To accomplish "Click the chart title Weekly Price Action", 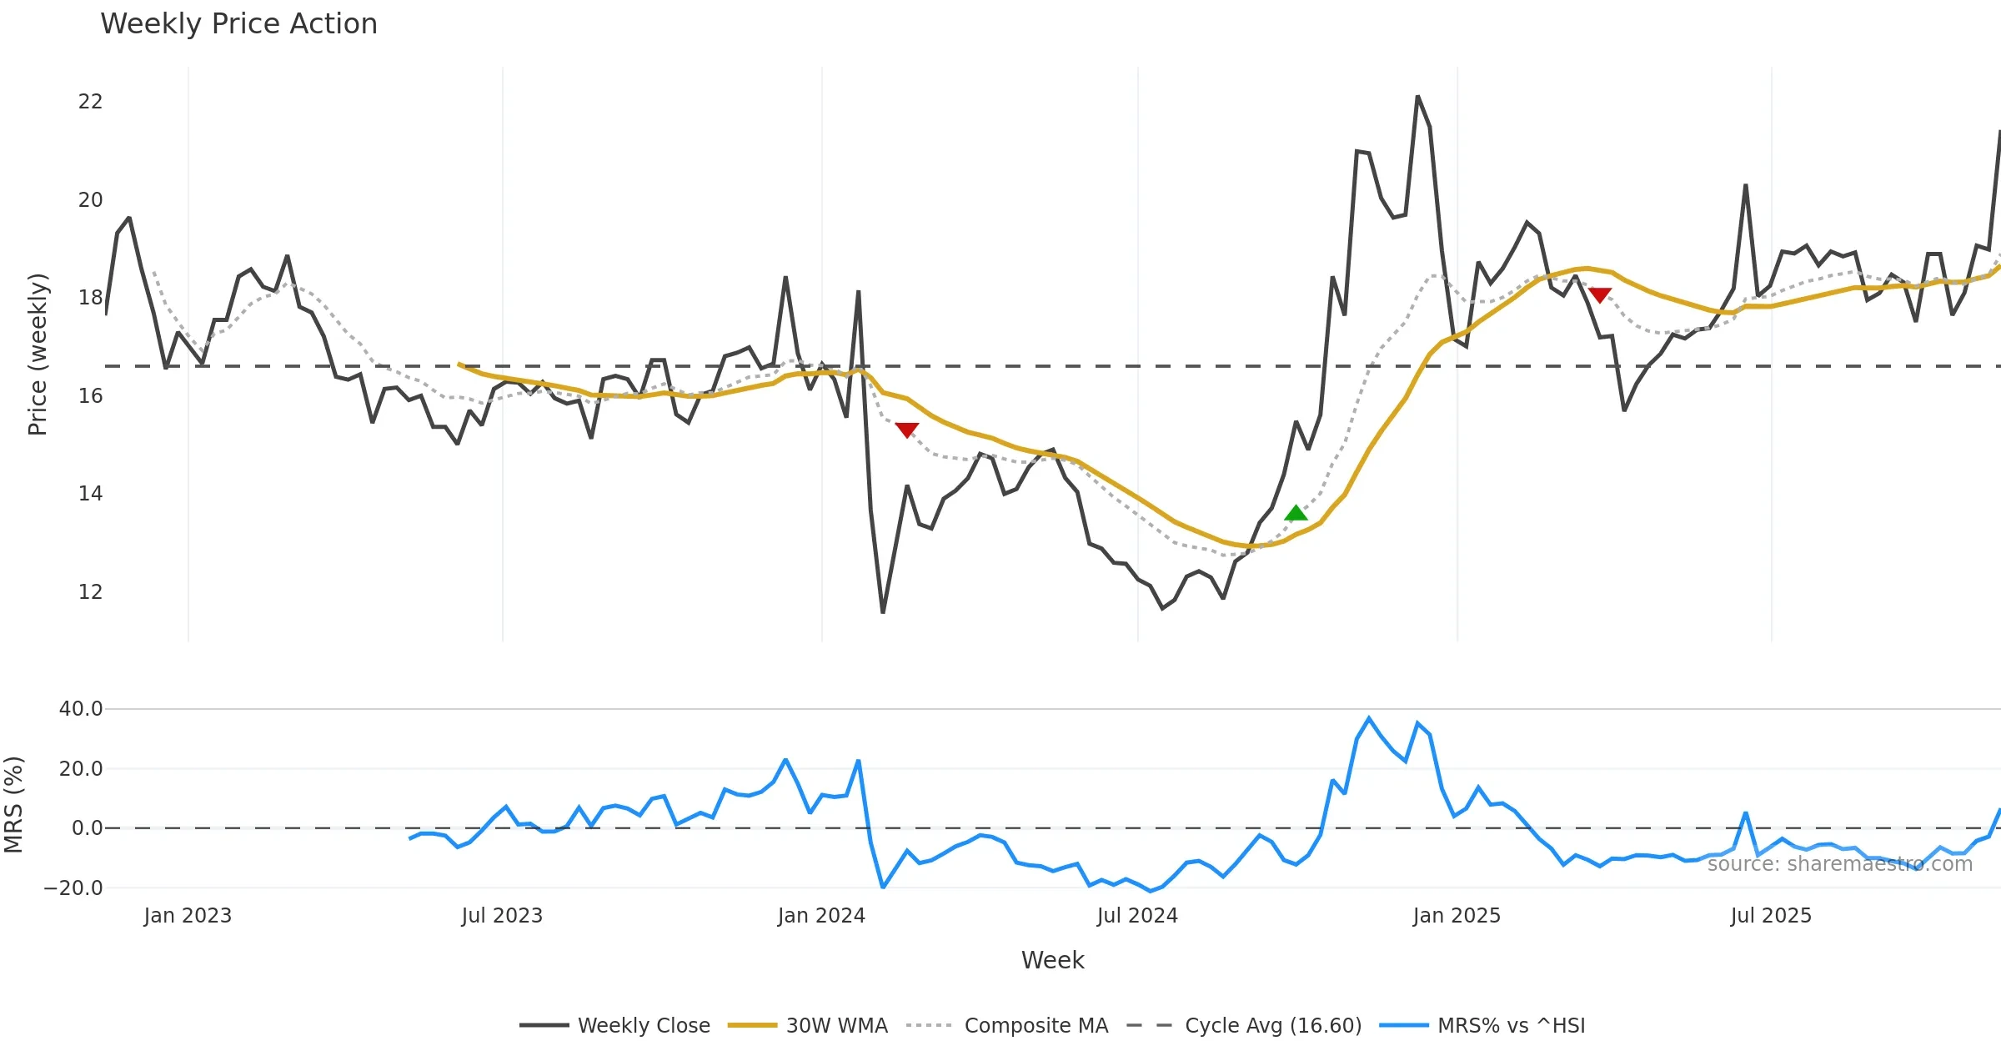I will (x=238, y=24).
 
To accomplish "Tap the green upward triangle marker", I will (x=1296, y=513).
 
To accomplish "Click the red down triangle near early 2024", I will (x=906, y=430).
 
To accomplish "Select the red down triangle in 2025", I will (x=1600, y=294).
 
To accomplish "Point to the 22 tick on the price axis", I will (x=90, y=102).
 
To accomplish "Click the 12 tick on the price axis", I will (x=90, y=592).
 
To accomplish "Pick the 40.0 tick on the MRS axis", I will (x=81, y=709).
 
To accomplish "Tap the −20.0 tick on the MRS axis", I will (x=73, y=888).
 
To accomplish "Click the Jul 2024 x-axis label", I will (x=1137, y=916).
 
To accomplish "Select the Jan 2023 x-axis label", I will (x=188, y=916).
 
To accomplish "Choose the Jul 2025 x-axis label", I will (x=1771, y=916).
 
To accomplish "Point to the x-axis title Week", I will (x=1052, y=960).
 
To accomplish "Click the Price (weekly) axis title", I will (x=38, y=355).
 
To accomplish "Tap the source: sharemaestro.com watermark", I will (x=1839, y=863).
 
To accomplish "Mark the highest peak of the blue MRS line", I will (x=1369, y=717).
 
